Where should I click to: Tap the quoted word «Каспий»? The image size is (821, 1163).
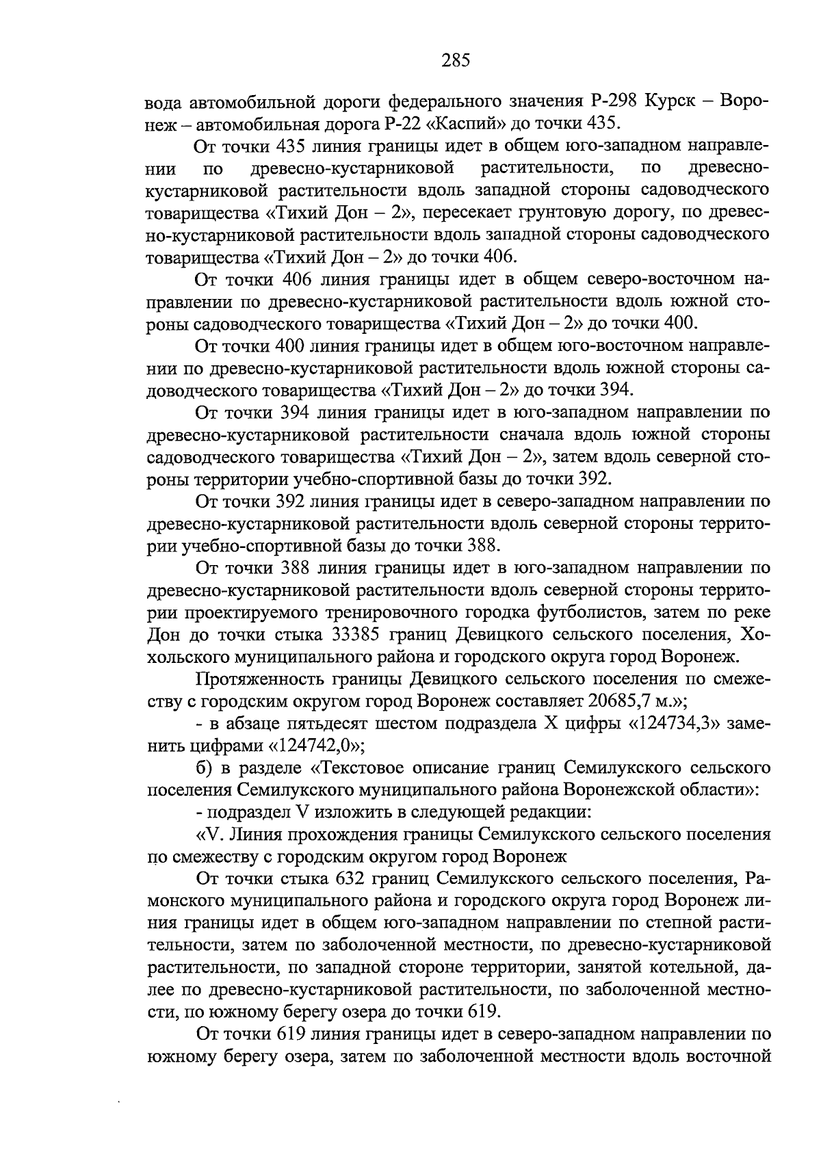click(467, 123)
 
